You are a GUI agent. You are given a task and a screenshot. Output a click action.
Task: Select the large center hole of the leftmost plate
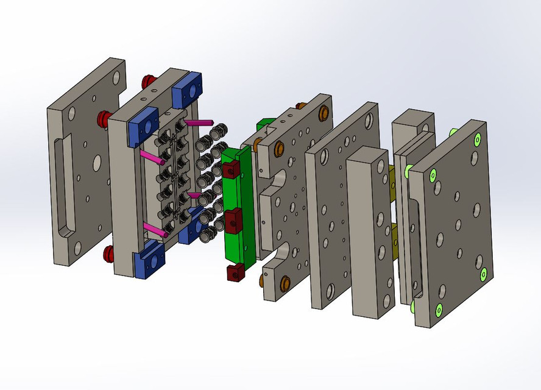[x=96, y=162]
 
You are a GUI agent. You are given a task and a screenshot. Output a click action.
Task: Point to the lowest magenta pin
[x=156, y=230]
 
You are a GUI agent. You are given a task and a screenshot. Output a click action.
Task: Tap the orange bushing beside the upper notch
[x=279, y=149]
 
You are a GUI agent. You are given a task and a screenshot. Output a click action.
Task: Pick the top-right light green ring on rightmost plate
[x=477, y=139]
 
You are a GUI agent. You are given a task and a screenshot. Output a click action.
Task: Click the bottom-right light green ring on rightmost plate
[x=483, y=275]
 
